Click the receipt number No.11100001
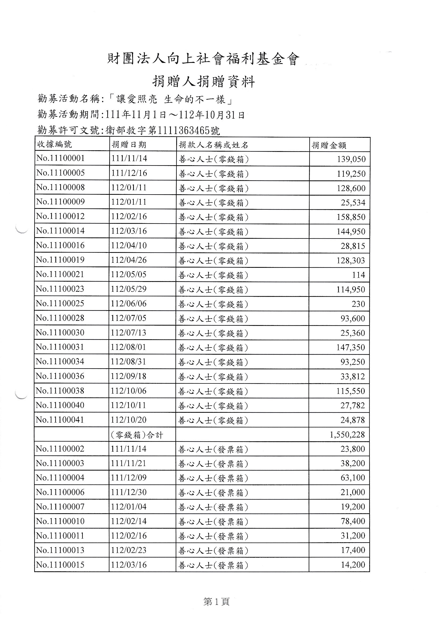click(60, 158)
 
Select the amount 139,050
click(351, 159)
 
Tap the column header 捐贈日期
click(129, 145)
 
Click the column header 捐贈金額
click(329, 145)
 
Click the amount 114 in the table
click(358, 275)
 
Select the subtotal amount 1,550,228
click(347, 435)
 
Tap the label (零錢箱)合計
click(137, 435)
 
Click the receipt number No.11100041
click(60, 420)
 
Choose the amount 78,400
click(353, 521)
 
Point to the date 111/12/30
click(129, 492)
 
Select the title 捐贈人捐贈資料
click(203, 81)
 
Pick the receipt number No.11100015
click(60, 565)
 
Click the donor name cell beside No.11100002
click(213, 450)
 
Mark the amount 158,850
click(351, 217)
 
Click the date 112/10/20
click(129, 420)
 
